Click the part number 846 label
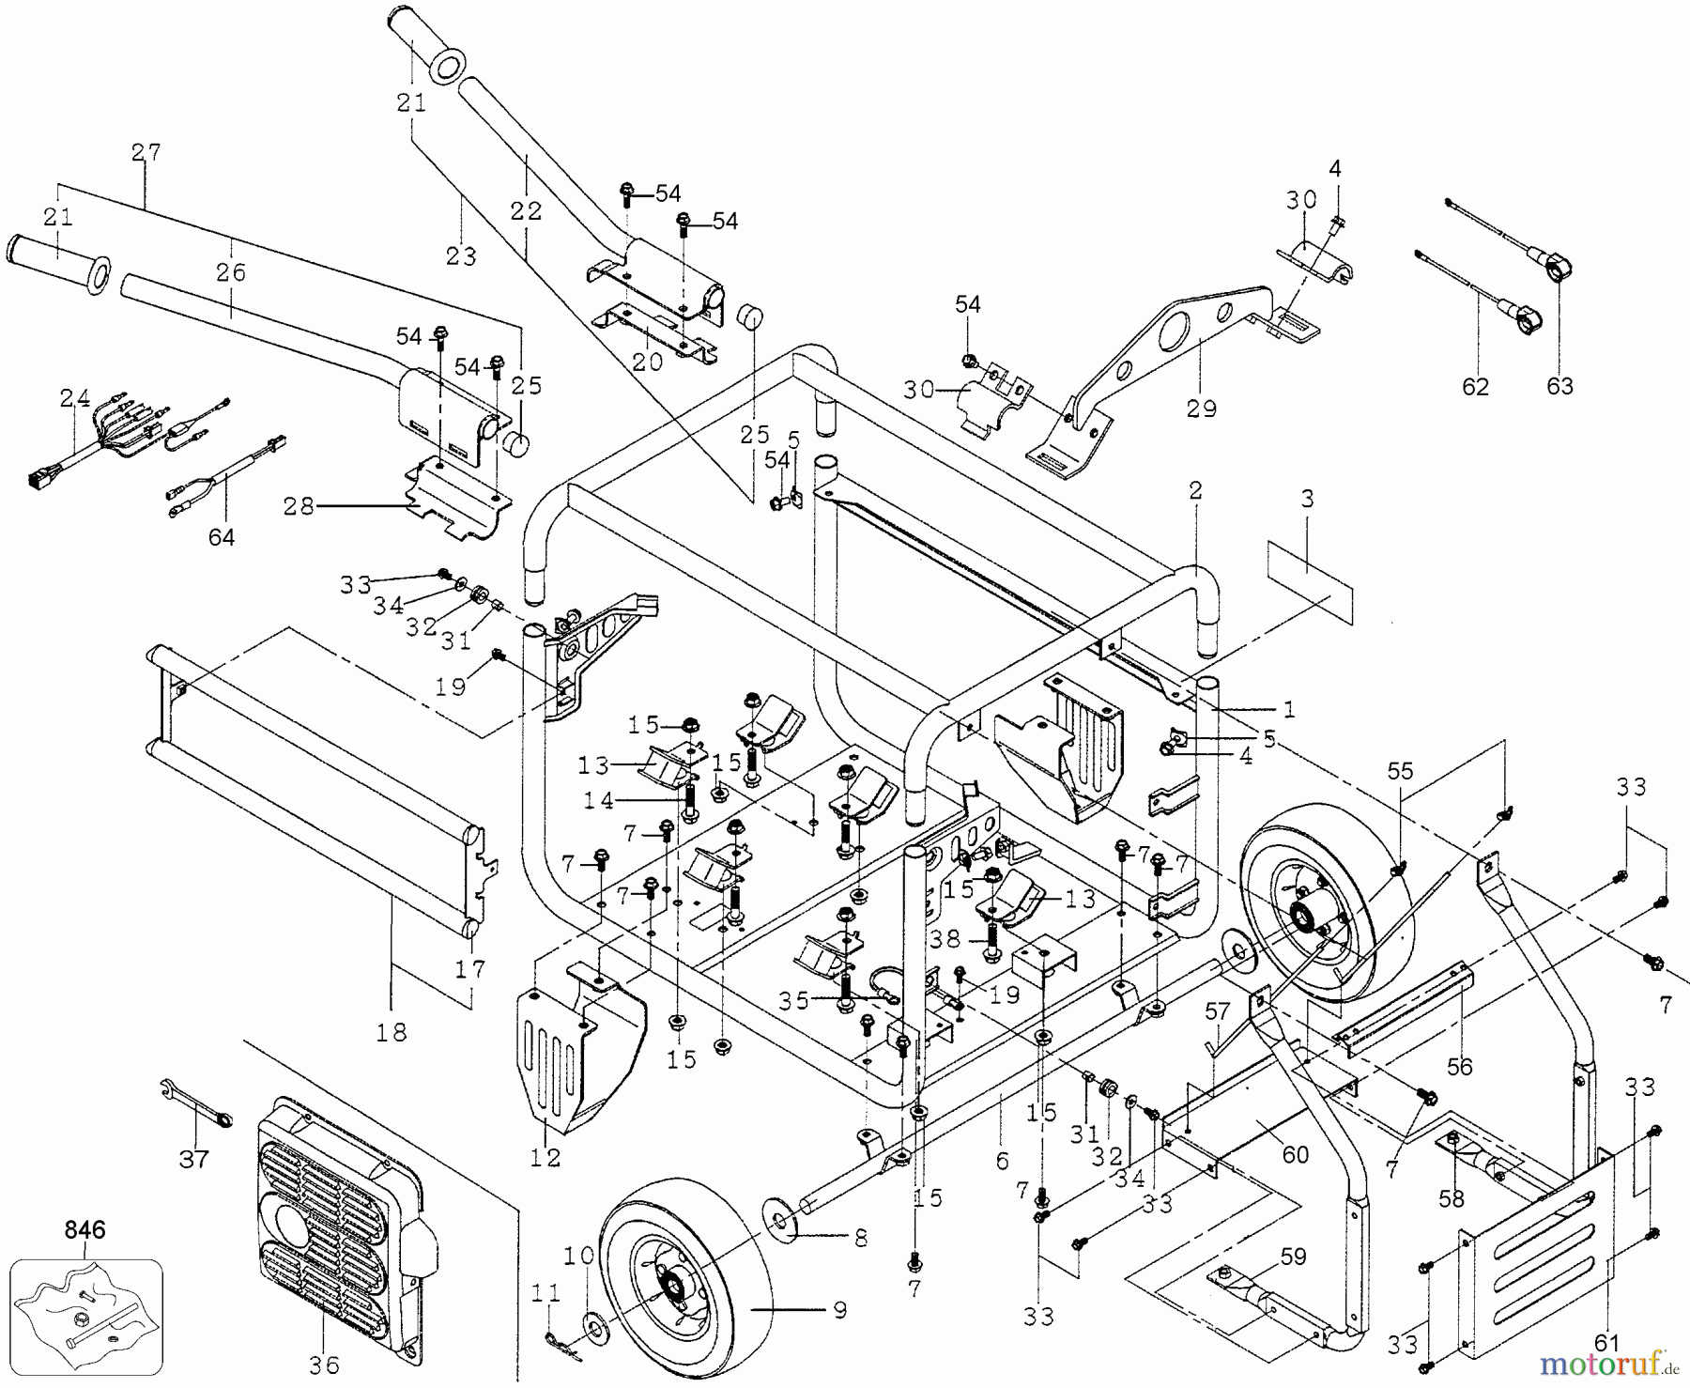coord(85,1228)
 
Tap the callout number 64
coord(222,536)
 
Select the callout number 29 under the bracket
coord(1201,409)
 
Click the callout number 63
coord(1559,386)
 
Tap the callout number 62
coord(1476,386)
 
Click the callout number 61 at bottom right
coord(1607,1342)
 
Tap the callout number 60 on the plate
coord(1295,1153)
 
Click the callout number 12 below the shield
coord(545,1157)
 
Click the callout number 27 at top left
coord(146,152)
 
